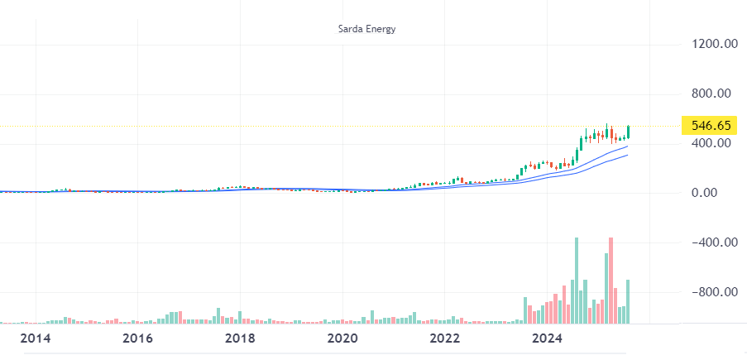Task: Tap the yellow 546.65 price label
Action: [711, 126]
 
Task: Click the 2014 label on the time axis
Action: [36, 338]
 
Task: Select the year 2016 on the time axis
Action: [137, 338]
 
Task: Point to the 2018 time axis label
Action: [240, 338]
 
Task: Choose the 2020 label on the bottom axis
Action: [342, 338]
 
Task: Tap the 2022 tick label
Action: [445, 338]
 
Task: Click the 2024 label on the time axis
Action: [548, 338]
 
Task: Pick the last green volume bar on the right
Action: [629, 301]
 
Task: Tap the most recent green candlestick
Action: [629, 132]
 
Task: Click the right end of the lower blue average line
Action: [627, 155]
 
